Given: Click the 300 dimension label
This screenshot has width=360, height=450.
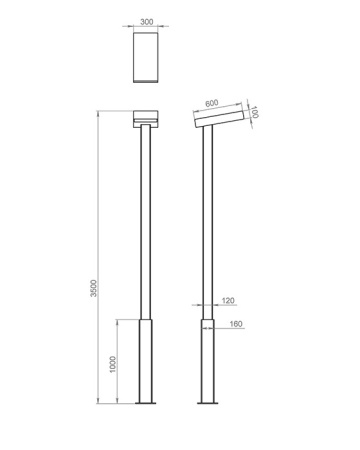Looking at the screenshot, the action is point(147,22).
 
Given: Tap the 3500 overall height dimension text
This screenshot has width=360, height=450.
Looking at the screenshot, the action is point(94,288).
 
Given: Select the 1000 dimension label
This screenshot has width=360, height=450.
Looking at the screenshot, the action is point(113,364).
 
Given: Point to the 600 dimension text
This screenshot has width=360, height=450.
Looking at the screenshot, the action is point(212,103).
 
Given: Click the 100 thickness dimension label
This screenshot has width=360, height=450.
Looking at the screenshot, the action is point(254,112).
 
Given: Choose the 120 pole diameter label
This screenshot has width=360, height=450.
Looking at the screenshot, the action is point(228,301).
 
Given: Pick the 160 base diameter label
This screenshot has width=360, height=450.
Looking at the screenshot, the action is point(236,324).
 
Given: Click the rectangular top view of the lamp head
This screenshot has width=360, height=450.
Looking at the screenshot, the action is point(146,57).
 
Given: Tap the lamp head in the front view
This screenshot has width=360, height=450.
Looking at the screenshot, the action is point(146,119).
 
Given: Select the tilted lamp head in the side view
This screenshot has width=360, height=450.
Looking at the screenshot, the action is point(219,115).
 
